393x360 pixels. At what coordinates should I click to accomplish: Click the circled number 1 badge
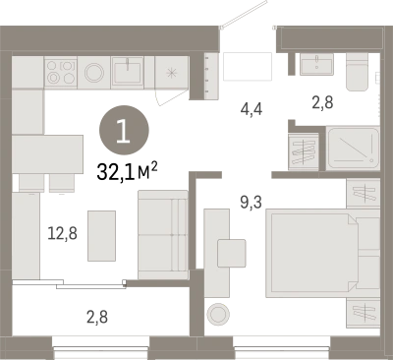point(124,130)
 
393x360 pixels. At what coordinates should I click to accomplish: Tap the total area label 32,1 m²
point(127,172)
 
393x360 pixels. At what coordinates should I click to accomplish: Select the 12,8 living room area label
point(62,233)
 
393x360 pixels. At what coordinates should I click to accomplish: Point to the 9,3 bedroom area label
point(251,202)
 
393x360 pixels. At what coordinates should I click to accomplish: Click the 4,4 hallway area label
point(252,109)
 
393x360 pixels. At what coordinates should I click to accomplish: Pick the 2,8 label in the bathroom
point(322,102)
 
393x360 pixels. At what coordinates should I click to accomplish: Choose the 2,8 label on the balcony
point(97,317)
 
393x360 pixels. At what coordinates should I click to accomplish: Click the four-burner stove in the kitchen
point(61,73)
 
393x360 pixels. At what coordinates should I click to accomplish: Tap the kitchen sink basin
point(127,72)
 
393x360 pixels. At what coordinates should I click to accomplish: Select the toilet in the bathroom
point(358,72)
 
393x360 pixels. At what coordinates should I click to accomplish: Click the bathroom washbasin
point(316,64)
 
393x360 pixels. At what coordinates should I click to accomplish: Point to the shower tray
point(353,149)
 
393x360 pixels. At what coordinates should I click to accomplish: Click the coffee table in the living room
point(101,236)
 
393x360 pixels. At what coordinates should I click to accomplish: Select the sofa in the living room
point(163,235)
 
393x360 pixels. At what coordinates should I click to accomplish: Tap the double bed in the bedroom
point(322,253)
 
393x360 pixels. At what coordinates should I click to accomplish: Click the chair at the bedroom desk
point(232,253)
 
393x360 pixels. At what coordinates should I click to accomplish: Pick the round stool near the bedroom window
point(218,314)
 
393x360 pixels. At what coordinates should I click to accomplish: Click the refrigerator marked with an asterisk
point(171,73)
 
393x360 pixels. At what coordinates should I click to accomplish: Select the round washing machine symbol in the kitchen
point(94,73)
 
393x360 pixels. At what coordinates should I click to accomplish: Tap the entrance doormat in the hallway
point(248,66)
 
